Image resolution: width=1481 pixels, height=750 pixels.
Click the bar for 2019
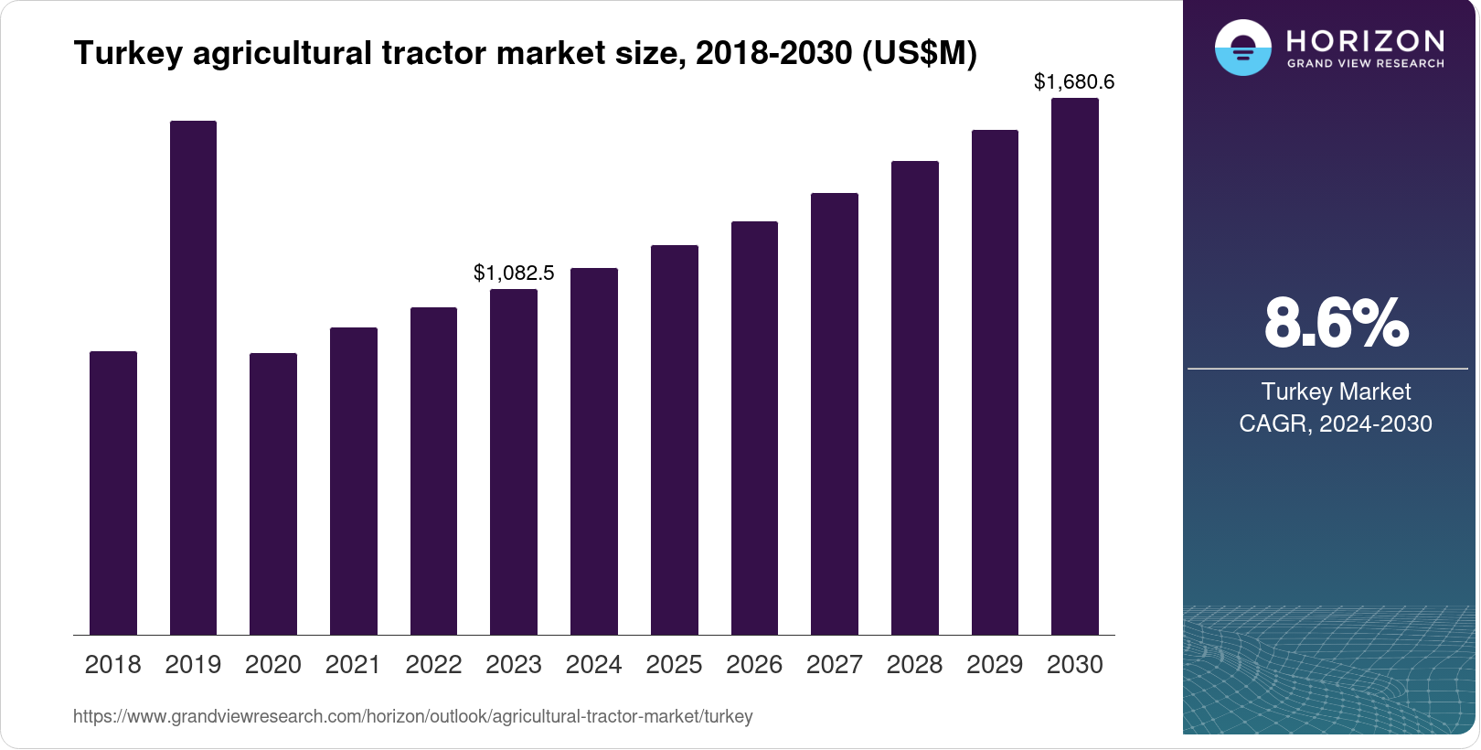[193, 378]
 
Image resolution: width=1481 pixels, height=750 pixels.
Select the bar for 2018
[113, 493]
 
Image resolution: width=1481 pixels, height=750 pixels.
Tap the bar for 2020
[273, 494]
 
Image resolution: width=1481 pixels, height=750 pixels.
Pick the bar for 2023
[514, 462]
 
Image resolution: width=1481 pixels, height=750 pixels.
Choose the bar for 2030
[1075, 367]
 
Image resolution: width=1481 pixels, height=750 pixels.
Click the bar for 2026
[754, 428]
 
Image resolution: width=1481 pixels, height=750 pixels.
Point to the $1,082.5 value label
[514, 273]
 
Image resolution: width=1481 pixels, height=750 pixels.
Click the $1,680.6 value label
[1074, 81]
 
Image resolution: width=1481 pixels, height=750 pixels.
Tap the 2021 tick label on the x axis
[353, 665]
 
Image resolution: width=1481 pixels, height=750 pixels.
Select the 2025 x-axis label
[674, 665]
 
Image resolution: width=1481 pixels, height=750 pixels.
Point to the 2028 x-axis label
[914, 665]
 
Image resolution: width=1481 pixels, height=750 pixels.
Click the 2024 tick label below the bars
[593, 665]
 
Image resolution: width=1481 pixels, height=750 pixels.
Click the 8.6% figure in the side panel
[1336, 324]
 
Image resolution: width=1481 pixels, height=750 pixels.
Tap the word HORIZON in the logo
[1366, 40]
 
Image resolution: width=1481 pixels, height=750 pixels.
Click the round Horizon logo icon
[1242, 48]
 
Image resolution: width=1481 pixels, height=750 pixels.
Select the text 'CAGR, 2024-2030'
[1335, 423]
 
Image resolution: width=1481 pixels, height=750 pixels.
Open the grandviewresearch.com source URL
[412, 716]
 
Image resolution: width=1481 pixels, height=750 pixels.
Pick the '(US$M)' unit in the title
[920, 53]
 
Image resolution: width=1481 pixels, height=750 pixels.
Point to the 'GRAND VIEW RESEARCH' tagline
[1366, 64]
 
